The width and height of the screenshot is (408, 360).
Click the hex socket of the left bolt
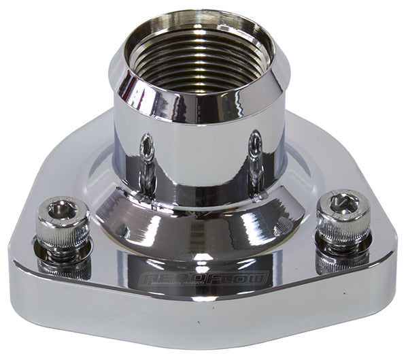(x=60, y=210)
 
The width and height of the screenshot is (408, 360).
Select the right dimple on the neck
(x=254, y=144)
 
